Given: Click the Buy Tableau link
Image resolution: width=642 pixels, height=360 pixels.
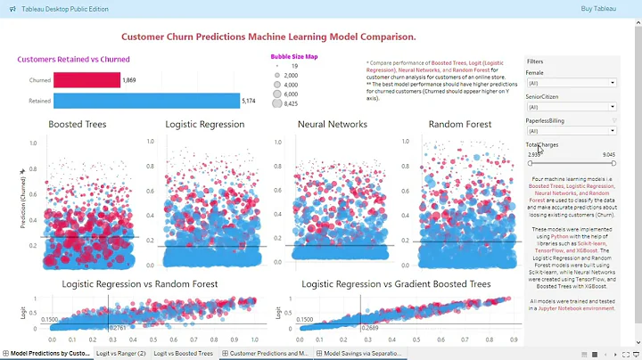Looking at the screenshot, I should [x=597, y=8].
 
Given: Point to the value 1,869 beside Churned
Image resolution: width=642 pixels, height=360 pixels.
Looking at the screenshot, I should [x=129, y=80].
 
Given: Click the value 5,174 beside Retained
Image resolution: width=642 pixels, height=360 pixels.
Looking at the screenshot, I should [x=251, y=100].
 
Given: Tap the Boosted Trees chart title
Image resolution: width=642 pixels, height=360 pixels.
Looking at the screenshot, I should [x=77, y=125].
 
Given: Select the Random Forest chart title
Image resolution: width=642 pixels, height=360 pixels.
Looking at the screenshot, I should [x=459, y=125].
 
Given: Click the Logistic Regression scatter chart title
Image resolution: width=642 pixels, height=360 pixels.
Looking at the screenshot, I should [x=205, y=125].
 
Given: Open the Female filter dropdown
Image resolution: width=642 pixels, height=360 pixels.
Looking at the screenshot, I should [x=571, y=83].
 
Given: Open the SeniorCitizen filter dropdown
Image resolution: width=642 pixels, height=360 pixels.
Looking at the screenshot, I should [x=571, y=107].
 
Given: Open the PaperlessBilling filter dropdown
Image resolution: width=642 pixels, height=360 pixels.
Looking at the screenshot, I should [x=571, y=130].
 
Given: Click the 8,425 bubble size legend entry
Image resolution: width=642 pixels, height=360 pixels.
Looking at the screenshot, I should [x=290, y=103].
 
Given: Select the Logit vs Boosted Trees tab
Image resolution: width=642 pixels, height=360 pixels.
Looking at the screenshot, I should [x=183, y=353].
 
